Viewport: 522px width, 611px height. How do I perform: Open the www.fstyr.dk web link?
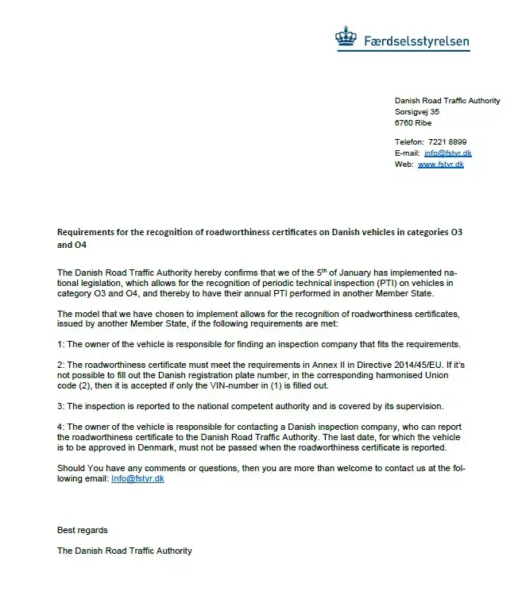pyautogui.click(x=440, y=164)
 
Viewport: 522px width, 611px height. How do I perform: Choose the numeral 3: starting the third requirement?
pyautogui.click(x=61, y=406)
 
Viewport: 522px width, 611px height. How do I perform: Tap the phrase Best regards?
pyautogui.click(x=82, y=530)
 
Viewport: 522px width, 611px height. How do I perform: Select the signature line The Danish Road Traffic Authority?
pyautogui.click(x=124, y=551)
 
